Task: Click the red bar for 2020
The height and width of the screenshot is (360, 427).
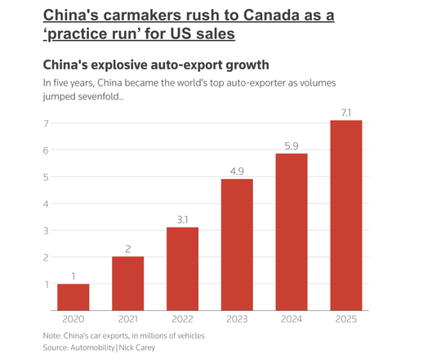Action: click(x=73, y=297)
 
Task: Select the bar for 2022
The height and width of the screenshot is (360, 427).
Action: click(x=182, y=269)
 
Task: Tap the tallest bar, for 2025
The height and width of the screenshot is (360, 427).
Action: click(x=346, y=216)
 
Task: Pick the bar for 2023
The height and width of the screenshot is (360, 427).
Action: click(x=237, y=245)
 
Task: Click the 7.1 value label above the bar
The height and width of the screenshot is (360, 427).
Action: click(x=346, y=113)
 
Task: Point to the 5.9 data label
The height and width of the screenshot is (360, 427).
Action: click(x=291, y=146)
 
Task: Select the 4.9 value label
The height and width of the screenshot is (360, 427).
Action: click(x=237, y=171)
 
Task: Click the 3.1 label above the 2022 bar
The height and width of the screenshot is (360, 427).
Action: click(x=182, y=220)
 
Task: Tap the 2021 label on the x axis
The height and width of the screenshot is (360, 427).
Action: click(x=128, y=319)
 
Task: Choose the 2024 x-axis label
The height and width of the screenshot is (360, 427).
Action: click(x=291, y=319)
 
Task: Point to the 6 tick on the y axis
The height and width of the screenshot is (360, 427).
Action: click(x=46, y=150)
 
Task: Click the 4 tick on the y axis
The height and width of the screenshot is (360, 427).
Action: click(x=46, y=204)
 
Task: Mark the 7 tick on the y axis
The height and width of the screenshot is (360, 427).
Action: click(x=46, y=123)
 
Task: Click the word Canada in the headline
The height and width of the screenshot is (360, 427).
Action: click(x=272, y=15)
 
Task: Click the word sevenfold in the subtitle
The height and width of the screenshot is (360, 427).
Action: click(x=99, y=96)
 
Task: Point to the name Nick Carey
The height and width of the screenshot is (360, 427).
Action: click(x=137, y=348)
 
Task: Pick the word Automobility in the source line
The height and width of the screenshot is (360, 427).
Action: click(x=92, y=348)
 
